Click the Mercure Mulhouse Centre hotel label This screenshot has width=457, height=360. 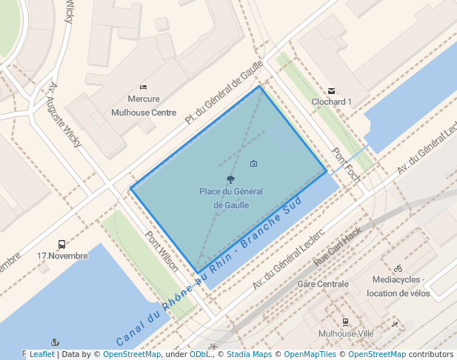144,106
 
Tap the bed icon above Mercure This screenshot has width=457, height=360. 143,87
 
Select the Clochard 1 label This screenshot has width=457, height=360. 331,101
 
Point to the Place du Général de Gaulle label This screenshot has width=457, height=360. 231,198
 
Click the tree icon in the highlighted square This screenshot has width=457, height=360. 230,179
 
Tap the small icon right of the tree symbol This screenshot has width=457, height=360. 254,163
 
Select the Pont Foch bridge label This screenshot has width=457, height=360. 346,166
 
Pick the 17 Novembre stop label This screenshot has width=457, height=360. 62,256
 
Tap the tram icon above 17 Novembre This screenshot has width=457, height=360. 61,244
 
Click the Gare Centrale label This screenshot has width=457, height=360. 322,284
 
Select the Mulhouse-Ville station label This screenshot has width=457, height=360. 345,333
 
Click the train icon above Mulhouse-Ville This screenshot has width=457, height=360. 345,321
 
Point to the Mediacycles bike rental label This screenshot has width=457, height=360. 398,286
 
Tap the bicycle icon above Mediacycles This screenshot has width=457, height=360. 398,268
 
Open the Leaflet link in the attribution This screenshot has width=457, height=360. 41,354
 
